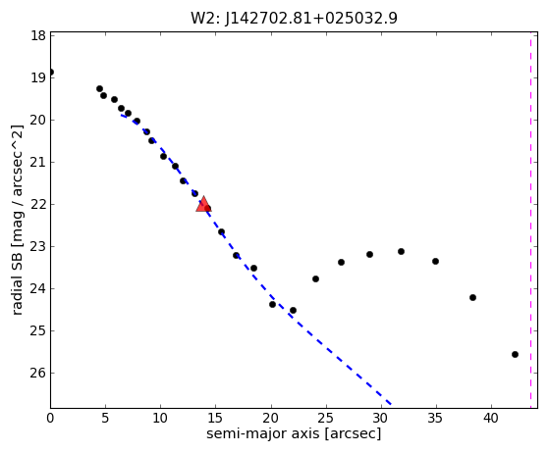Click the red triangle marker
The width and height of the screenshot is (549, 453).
coord(203,204)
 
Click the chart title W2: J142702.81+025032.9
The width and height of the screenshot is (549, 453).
coord(294,18)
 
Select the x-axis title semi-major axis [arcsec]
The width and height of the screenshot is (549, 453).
coord(294,433)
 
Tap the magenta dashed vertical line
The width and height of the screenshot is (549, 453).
coord(530,220)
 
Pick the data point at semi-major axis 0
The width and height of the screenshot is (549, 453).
coord(51,73)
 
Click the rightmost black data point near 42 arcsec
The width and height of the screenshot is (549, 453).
coord(515,354)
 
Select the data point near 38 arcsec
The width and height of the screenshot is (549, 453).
coord(472,298)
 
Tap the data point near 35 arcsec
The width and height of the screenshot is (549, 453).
coord(435,262)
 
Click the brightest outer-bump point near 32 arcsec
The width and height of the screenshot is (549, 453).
coord(401,252)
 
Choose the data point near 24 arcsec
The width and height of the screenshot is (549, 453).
coord(315,278)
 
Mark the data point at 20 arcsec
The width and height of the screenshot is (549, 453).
coord(272,304)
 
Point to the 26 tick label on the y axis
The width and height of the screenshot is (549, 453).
coord(38,373)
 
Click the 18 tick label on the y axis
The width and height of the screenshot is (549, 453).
coord(38,35)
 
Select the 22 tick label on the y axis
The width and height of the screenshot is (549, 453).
coord(38,205)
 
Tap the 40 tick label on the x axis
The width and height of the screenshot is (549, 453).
coord(490,418)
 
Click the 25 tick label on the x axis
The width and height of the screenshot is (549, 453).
coord(326,418)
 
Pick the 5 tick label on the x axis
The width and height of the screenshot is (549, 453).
coord(105,418)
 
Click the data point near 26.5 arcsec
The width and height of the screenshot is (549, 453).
coord(341,262)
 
